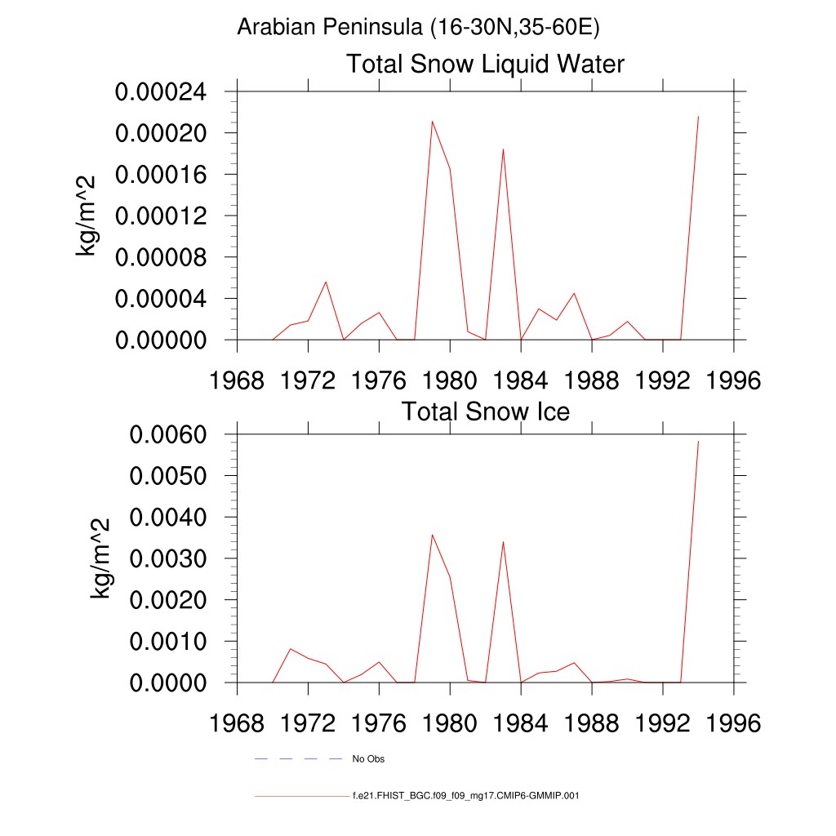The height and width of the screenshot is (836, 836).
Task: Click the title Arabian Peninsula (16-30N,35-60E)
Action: (418, 28)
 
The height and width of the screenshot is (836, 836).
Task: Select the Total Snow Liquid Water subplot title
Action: (485, 64)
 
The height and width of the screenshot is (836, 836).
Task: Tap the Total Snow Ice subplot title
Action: (485, 411)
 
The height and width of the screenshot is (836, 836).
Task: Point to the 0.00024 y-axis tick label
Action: (161, 91)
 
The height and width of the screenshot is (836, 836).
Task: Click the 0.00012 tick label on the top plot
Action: (161, 216)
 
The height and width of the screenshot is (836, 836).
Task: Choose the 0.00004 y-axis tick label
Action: (161, 299)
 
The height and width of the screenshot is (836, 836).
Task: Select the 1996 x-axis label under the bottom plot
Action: (733, 723)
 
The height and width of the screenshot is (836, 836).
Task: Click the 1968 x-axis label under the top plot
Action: (237, 380)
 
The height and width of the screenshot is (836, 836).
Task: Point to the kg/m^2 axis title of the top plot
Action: (87, 216)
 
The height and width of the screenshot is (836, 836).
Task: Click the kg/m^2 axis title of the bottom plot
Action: (100, 558)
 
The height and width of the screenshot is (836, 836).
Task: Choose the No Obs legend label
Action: (368, 759)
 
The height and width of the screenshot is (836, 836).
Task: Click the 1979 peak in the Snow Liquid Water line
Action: (432, 122)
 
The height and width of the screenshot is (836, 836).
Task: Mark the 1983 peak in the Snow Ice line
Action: (503, 541)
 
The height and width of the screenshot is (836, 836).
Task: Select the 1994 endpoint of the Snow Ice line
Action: (698, 441)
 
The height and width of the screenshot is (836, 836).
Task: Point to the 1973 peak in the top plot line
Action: (326, 282)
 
